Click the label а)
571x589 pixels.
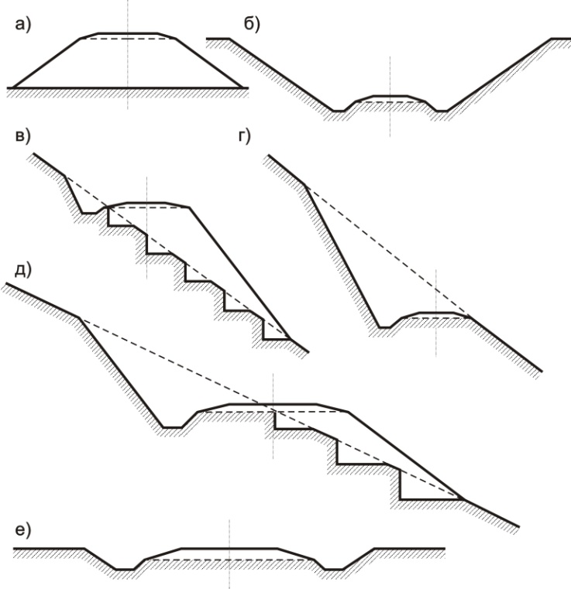23,26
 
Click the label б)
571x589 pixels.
252,26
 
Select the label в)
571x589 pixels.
22,136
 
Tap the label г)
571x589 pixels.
244,136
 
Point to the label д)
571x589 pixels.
23,270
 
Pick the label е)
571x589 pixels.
23,529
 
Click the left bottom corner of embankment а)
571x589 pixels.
13,87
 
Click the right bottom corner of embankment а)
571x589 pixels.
243,87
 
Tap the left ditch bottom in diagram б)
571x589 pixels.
339,111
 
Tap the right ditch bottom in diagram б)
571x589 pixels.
442,111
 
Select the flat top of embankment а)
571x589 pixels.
128,33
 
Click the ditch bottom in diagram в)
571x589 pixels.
89,213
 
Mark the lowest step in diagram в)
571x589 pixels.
277,339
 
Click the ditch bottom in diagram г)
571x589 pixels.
384,327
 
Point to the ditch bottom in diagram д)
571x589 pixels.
173,427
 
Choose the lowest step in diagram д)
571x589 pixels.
432,499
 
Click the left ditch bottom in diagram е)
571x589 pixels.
125,570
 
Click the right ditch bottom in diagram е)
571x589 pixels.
334,570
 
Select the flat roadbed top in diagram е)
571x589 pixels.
229,549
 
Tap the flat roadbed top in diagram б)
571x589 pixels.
390,96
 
